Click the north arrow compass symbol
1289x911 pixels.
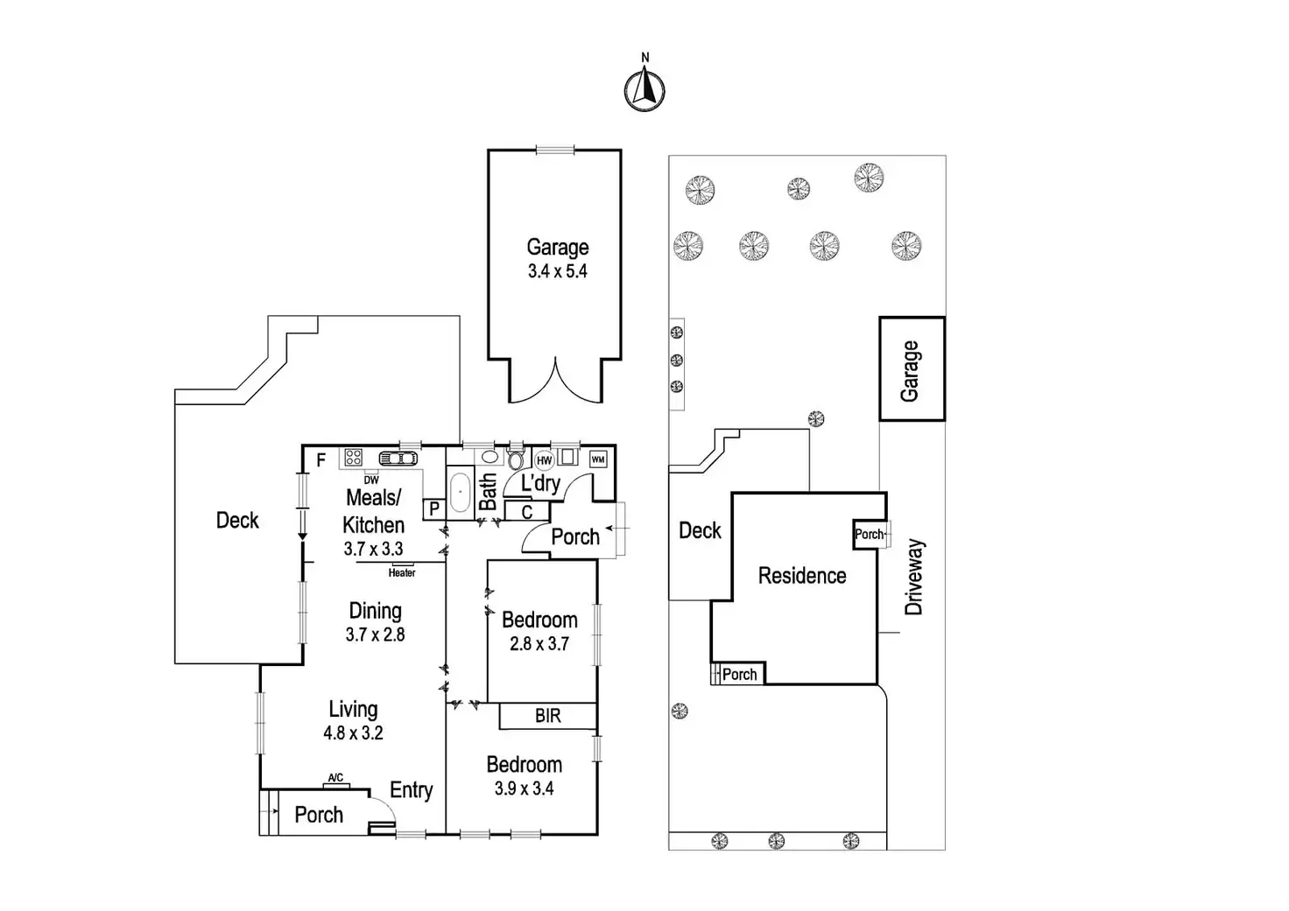click(x=644, y=88)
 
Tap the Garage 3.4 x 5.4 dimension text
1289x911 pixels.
click(x=557, y=271)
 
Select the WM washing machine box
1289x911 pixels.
click(x=598, y=459)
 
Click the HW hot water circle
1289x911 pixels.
click(x=544, y=460)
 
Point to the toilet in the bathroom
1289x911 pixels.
click(x=515, y=459)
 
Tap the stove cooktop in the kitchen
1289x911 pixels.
click(x=354, y=457)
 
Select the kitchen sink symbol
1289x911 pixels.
click(x=398, y=458)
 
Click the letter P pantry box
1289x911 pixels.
click(x=434, y=508)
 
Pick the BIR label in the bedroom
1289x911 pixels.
click(x=548, y=717)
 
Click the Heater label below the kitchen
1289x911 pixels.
click(x=402, y=573)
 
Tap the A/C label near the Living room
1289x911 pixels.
click(x=335, y=778)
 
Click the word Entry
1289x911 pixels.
click(x=411, y=790)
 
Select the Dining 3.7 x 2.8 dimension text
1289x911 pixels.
click(x=375, y=634)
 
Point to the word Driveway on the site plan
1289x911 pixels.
click(x=914, y=577)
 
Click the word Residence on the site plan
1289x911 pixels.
click(x=802, y=576)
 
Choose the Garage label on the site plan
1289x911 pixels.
click(x=911, y=370)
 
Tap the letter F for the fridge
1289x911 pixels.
click(x=321, y=460)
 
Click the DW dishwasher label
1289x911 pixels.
click(x=371, y=480)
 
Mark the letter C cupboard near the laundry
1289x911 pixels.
click(x=527, y=513)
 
